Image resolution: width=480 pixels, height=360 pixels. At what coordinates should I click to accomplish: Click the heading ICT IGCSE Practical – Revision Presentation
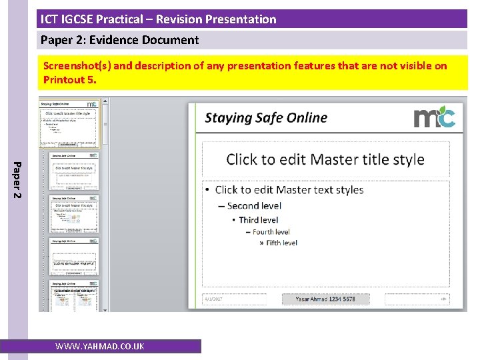[x=158, y=19]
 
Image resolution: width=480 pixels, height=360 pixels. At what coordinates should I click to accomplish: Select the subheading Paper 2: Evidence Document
[x=119, y=40]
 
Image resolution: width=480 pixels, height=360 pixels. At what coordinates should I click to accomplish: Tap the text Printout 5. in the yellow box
[x=70, y=80]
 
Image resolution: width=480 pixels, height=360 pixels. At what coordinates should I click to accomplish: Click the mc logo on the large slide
[x=434, y=118]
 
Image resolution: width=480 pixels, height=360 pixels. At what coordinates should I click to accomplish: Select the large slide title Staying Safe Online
[x=266, y=118]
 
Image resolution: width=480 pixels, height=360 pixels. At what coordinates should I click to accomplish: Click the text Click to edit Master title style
[x=325, y=159]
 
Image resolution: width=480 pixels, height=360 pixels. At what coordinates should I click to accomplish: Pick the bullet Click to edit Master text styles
[x=289, y=190]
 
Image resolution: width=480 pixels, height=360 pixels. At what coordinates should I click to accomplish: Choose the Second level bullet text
[x=254, y=206]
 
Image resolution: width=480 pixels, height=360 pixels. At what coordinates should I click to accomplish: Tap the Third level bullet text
[x=258, y=220]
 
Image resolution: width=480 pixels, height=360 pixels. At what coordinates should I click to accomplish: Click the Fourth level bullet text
[x=271, y=232]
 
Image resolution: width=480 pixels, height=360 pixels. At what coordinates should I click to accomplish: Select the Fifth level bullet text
[x=281, y=243]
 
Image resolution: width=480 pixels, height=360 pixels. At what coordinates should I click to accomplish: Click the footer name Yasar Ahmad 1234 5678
[x=325, y=299]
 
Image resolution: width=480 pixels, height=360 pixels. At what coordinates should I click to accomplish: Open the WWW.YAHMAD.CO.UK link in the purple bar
[x=99, y=347]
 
